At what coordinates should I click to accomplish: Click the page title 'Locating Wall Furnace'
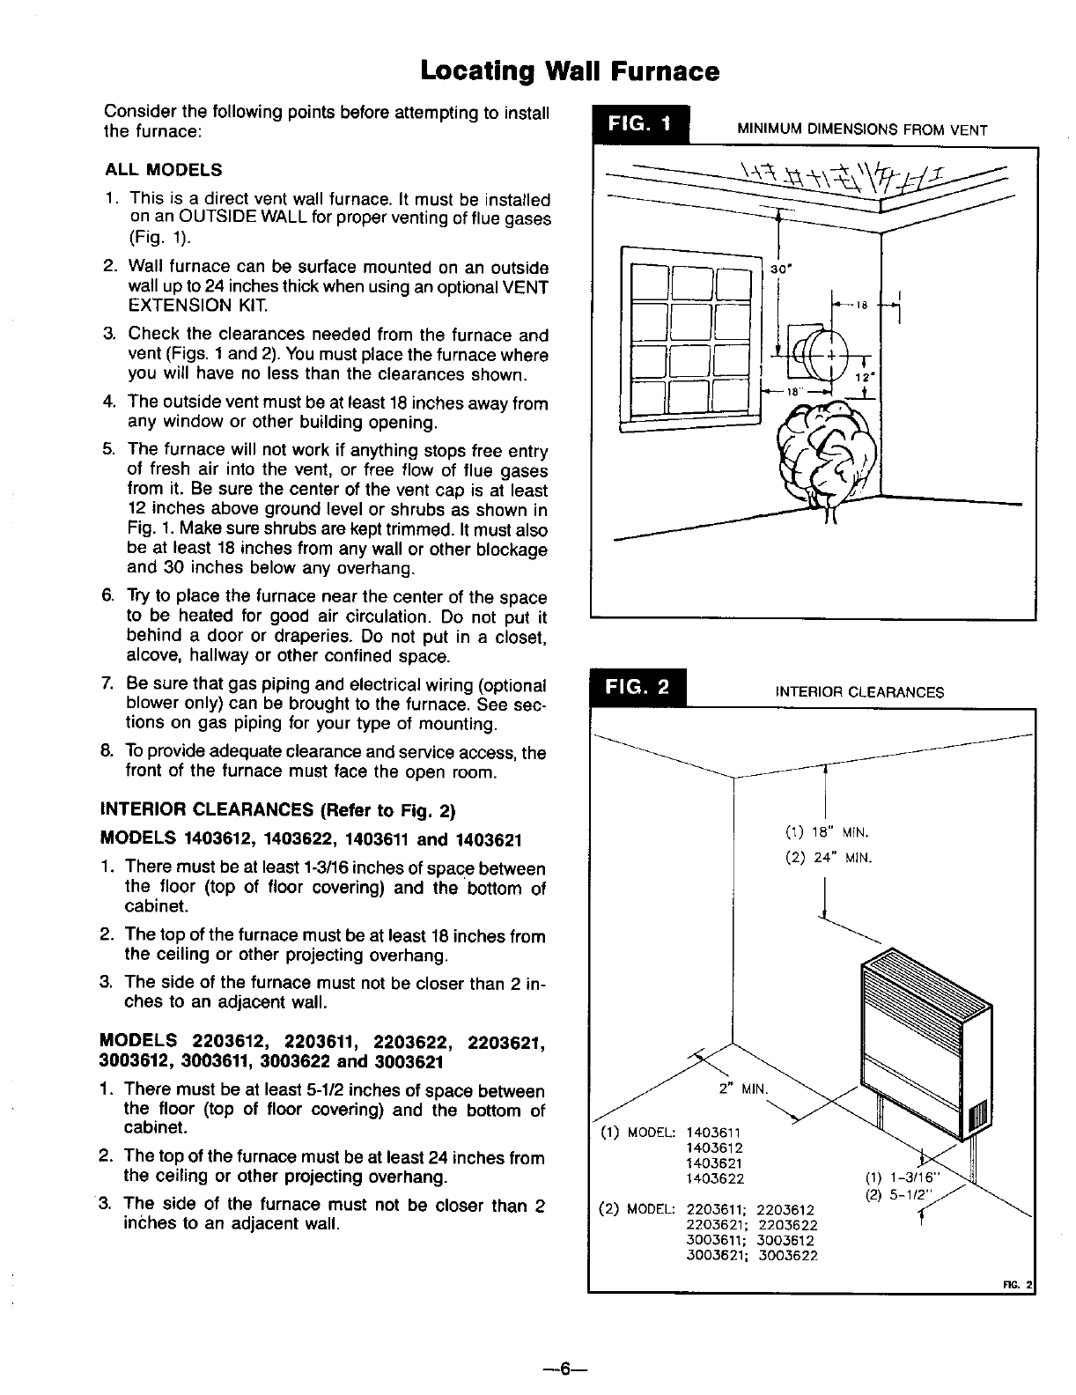pyautogui.click(x=570, y=70)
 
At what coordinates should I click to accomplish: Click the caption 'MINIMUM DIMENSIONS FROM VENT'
pyautogui.click(x=861, y=130)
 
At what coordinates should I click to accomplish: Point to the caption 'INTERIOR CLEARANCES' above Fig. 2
pyautogui.click(x=859, y=692)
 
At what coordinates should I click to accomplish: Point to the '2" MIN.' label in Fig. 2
pyautogui.click(x=744, y=1088)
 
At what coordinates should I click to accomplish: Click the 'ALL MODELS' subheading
pyautogui.click(x=163, y=170)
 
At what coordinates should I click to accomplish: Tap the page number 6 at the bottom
pyautogui.click(x=564, y=1368)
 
